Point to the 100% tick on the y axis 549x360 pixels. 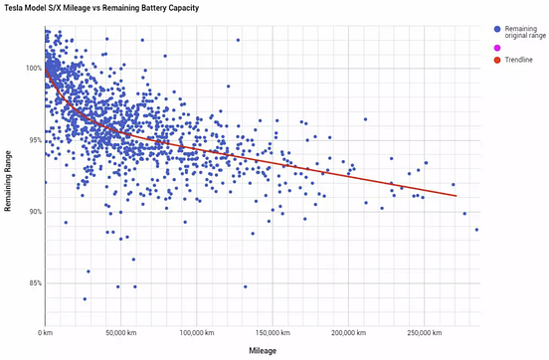point(32,68)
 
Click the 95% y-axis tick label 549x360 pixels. point(34,140)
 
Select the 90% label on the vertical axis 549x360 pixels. point(34,212)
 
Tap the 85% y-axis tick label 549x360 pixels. point(34,283)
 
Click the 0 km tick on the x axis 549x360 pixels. point(45,331)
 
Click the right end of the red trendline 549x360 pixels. point(457,196)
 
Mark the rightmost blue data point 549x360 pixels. point(477,230)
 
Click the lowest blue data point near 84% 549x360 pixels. point(85,298)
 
